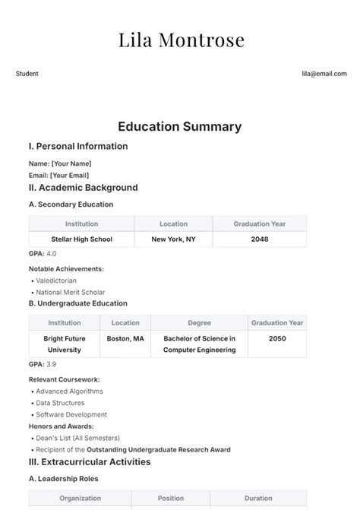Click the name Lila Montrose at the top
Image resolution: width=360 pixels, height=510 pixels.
180,40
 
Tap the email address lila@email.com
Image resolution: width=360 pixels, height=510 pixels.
324,74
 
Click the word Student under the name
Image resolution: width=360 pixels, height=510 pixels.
27,74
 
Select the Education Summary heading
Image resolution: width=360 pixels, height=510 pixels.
180,127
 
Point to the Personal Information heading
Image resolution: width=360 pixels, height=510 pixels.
78,146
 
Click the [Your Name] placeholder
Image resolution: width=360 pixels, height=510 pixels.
71,163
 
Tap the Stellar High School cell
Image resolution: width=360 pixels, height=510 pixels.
81,239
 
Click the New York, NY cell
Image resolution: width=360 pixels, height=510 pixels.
173,239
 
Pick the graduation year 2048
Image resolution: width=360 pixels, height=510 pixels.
259,239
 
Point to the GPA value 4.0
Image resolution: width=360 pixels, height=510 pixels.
52,253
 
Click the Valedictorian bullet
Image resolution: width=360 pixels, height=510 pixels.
56,280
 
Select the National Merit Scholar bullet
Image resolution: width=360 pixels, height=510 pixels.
71,292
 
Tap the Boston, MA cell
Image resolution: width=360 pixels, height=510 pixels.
125,338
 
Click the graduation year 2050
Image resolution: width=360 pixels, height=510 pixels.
277,338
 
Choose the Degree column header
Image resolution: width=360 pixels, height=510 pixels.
199,322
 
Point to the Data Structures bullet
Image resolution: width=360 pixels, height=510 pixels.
60,403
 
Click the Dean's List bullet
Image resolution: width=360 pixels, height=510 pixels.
77,438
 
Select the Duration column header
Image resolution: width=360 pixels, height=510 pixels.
259,499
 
